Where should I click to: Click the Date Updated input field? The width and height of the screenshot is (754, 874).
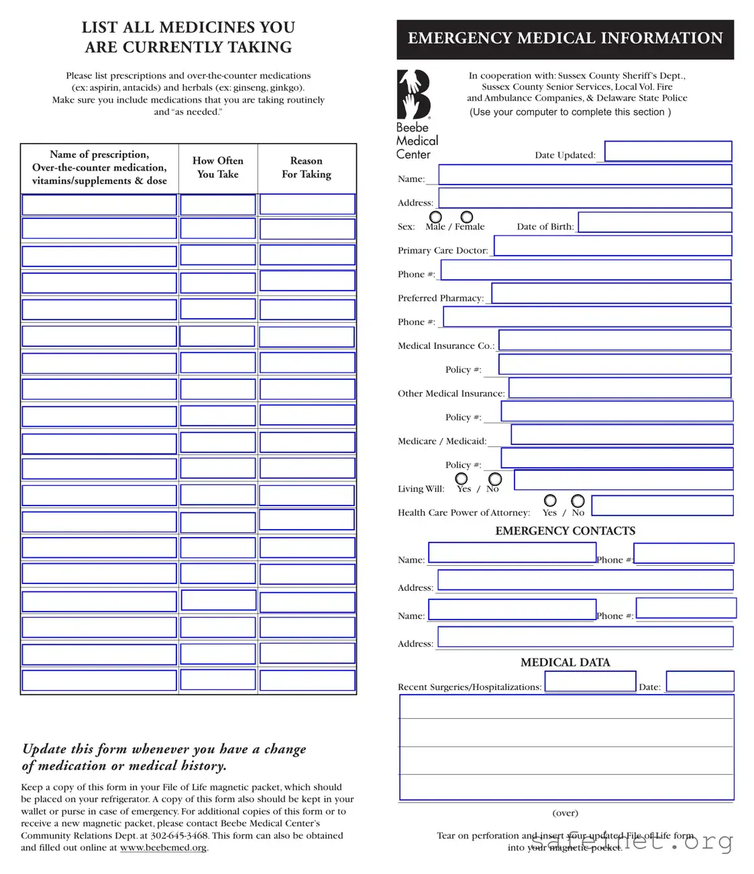(x=667, y=151)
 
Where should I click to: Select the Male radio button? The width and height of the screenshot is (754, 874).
(x=435, y=217)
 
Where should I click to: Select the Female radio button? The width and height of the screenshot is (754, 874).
(x=467, y=217)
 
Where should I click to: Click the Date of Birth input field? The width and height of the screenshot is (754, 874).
(x=655, y=222)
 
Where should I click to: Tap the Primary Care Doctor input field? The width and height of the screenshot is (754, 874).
(x=612, y=246)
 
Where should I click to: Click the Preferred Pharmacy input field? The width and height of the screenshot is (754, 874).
(x=611, y=293)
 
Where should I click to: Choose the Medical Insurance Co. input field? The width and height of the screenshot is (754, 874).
(x=614, y=340)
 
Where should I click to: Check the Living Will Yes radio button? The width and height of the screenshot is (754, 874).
(x=462, y=479)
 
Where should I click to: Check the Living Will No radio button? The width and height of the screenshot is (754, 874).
(x=495, y=479)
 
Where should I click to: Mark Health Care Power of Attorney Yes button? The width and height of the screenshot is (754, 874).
(x=550, y=501)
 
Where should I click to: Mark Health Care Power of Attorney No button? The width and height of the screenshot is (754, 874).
(x=578, y=501)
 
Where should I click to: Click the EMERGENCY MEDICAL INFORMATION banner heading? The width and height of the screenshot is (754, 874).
(x=565, y=39)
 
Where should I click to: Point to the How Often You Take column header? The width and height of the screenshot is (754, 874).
(x=217, y=168)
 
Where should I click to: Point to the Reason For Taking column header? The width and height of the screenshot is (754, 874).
(x=307, y=168)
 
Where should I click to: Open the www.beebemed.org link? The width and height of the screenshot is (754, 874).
(x=163, y=848)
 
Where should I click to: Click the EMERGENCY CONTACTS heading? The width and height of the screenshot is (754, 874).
(x=565, y=531)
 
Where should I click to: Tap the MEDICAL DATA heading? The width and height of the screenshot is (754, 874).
(x=565, y=663)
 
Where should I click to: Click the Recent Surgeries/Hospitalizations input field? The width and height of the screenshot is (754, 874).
(x=590, y=682)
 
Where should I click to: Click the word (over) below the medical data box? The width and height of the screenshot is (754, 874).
(x=565, y=813)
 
